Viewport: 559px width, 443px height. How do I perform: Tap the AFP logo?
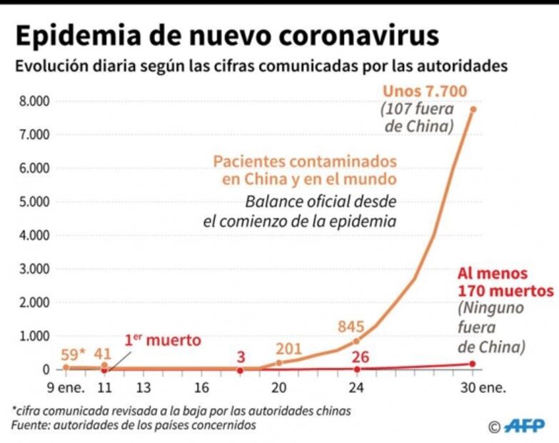tap(525, 427)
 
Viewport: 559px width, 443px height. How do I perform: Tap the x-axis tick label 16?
tap(201, 389)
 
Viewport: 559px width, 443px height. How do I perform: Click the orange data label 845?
tap(351, 327)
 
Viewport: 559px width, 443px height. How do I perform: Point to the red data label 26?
tap(361, 356)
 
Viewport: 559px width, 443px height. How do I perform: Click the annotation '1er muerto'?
tap(163, 340)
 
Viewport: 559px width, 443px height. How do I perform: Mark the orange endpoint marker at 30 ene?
tap(473, 109)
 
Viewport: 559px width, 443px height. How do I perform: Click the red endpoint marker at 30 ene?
tap(473, 364)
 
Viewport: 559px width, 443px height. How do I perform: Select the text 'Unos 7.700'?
tap(425, 91)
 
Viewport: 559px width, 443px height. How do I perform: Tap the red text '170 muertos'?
tap(505, 291)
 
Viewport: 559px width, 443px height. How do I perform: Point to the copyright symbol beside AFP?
tap(494, 427)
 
